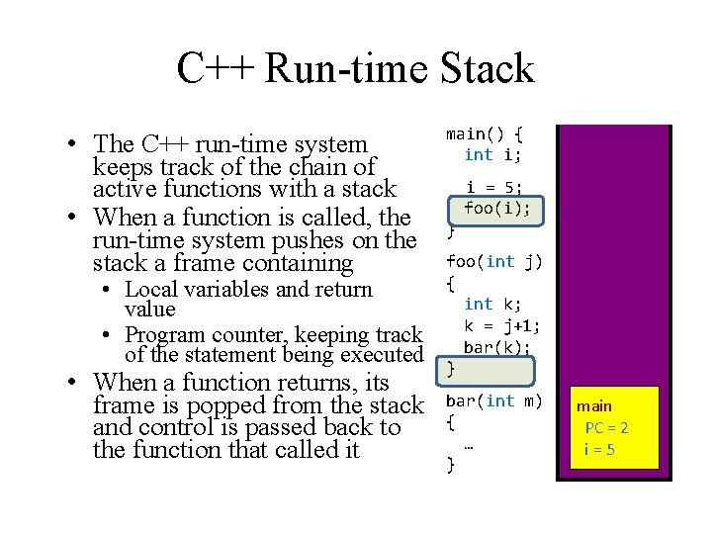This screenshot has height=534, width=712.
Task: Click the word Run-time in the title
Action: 345,68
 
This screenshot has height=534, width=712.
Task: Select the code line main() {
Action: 485,133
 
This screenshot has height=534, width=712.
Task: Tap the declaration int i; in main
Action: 493,154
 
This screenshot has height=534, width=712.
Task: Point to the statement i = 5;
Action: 493,188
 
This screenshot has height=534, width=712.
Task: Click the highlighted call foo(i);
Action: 497,209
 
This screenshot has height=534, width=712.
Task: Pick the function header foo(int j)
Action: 494,262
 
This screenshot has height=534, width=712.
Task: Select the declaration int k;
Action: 493,305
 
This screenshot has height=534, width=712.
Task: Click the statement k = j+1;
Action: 502,325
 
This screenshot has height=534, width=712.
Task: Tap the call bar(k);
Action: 497,347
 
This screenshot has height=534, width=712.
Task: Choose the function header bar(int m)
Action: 494,400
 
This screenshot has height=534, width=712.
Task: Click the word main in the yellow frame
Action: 594,406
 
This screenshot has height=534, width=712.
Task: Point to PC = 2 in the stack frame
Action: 606,428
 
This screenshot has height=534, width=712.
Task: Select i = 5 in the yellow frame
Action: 600,449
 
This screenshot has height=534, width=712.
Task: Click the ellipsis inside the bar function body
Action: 468,444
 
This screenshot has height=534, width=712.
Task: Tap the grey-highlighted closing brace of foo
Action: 452,369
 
